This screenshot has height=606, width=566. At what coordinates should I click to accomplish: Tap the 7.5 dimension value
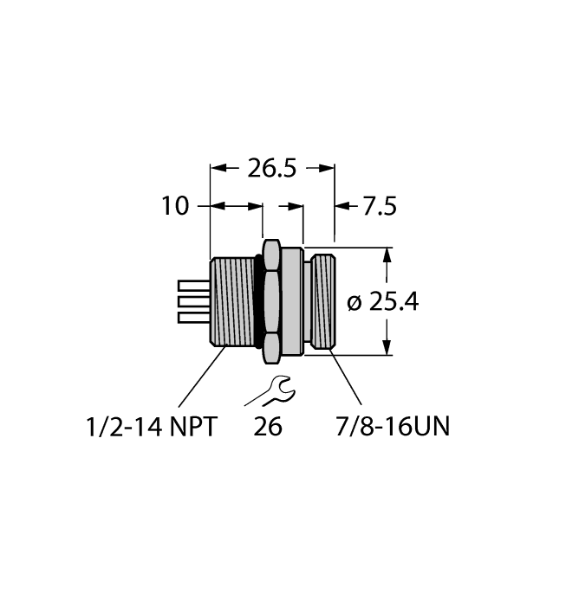[379, 207]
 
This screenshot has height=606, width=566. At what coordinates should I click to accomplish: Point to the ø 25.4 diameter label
[382, 302]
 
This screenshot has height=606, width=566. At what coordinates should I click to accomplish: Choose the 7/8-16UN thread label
[392, 427]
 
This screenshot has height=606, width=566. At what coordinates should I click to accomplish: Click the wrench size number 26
[269, 427]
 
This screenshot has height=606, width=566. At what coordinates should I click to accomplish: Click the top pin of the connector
[193, 286]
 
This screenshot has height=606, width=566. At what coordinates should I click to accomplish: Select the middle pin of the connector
[193, 302]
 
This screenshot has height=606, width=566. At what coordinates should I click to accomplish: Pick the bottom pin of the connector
[193, 318]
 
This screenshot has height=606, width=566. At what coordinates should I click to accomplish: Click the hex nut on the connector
[270, 302]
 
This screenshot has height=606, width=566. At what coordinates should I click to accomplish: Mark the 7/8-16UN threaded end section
[322, 302]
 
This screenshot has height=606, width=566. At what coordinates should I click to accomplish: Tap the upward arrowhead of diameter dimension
[387, 255]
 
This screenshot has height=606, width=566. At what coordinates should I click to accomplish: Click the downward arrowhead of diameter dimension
[387, 349]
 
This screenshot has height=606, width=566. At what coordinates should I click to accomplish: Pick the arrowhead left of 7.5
[341, 207]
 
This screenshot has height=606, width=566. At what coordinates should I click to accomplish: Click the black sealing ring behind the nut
[258, 302]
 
